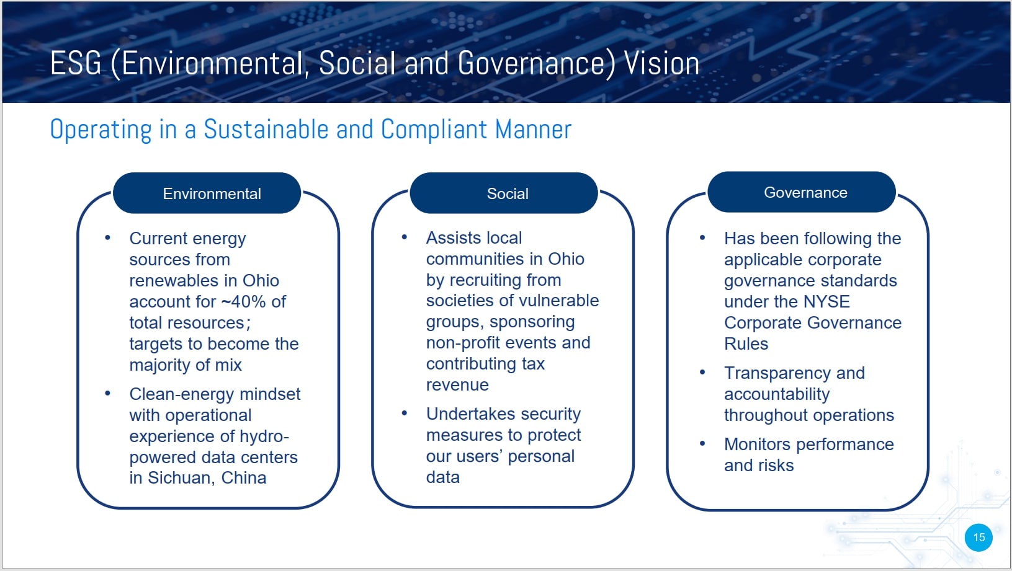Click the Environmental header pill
pos(207,193)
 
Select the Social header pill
pos(504,193)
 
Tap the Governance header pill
pos(802,192)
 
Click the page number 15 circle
pos(978,538)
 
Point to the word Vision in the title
pos(662,63)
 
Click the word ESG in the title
pos(76,63)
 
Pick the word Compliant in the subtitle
pos(434,130)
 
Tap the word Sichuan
pos(182,478)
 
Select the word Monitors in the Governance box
pos(758,444)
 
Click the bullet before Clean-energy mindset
pos(107,394)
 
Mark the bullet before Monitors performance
pos(702,444)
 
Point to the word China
pos(244,478)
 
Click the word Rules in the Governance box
pos(746,344)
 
